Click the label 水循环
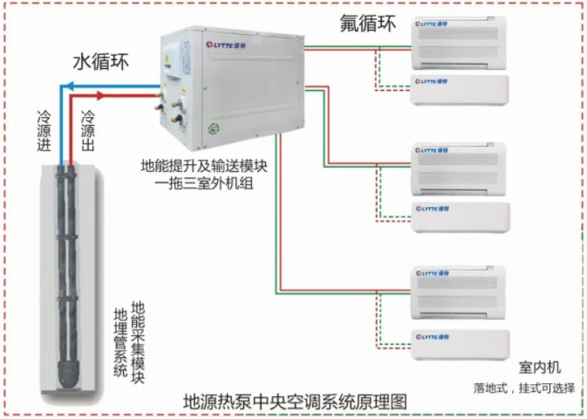pos(100,61)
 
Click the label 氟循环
pos(367,24)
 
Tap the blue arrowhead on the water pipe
pos(67,86)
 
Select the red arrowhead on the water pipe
pos(100,95)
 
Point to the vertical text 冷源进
pos(44,130)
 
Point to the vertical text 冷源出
pos(87,130)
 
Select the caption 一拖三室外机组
pos(204,183)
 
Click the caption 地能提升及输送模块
pos(204,166)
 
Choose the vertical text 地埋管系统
pos(120,342)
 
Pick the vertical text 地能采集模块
pos(138,342)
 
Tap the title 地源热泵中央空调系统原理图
pos(295,402)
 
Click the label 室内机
pos(540,367)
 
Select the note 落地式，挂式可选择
pos(524,388)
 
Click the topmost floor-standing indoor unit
pos(459,43)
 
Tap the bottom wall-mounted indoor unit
pos(461,345)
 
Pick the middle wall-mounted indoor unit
pos(461,217)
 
